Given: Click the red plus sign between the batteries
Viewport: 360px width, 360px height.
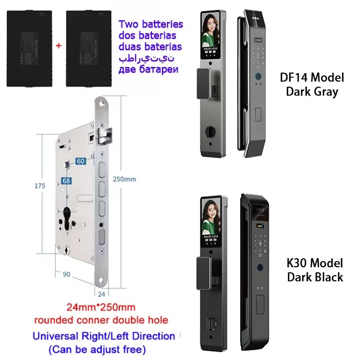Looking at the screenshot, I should click(x=57, y=43).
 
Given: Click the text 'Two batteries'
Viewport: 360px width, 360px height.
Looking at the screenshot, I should click(x=150, y=24).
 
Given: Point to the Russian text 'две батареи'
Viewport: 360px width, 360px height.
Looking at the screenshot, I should click(x=150, y=70).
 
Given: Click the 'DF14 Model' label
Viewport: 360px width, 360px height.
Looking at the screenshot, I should click(x=312, y=78).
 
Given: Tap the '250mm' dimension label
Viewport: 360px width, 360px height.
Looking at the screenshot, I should click(x=125, y=179).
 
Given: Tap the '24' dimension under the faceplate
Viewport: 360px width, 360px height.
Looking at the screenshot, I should click(x=101, y=292).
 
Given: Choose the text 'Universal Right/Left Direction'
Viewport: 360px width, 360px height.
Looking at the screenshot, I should click(x=103, y=336).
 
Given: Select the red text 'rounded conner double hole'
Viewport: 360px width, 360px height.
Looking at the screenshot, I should click(x=101, y=321).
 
